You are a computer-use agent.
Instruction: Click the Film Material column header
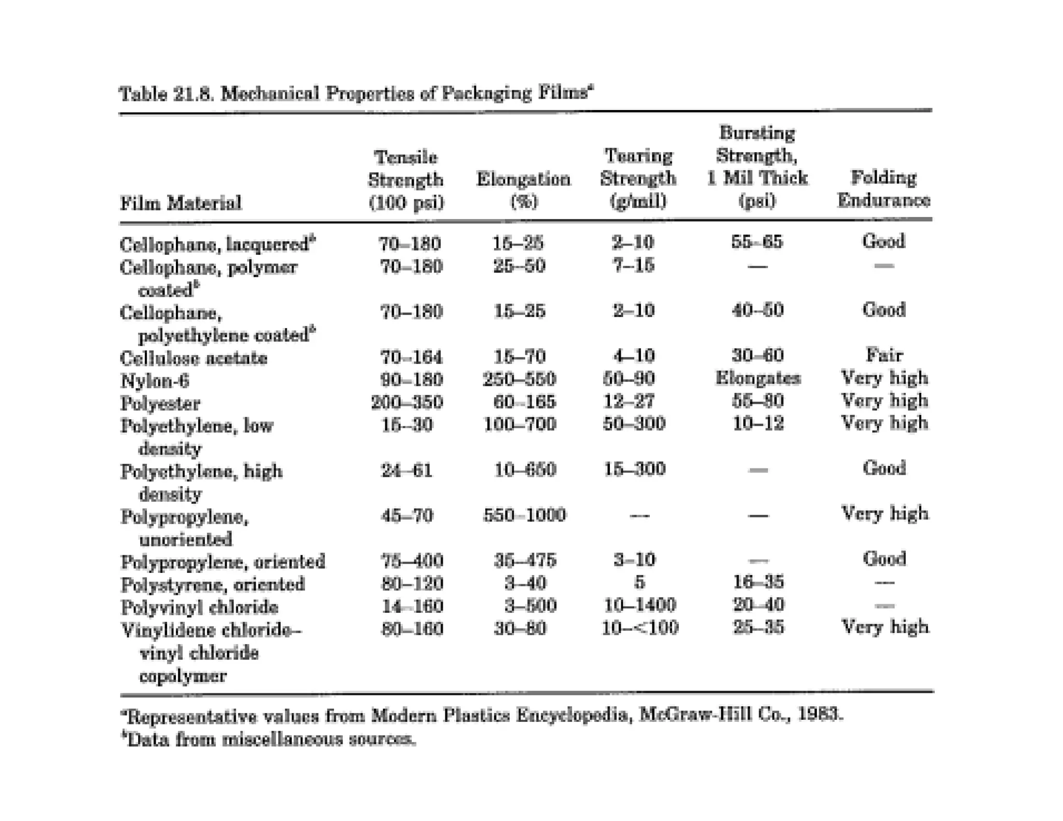pyautogui.click(x=181, y=202)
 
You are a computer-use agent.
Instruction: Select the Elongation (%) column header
pyautogui.click(x=523, y=190)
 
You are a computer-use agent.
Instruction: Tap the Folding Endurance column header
pyautogui.click(x=883, y=189)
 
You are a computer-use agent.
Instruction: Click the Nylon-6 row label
pyautogui.click(x=155, y=381)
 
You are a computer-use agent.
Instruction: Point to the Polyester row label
pyautogui.click(x=160, y=403)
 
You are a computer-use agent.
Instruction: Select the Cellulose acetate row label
pyautogui.click(x=194, y=358)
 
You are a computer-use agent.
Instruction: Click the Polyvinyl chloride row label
pyautogui.click(x=199, y=607)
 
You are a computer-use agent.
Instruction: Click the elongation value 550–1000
pyautogui.click(x=524, y=515)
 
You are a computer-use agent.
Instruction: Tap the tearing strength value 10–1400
pyautogui.click(x=640, y=605)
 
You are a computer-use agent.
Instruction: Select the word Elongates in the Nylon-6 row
pyautogui.click(x=757, y=378)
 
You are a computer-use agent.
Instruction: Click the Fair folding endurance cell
pyautogui.click(x=884, y=355)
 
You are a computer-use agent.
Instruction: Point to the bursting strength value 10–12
pyautogui.click(x=758, y=423)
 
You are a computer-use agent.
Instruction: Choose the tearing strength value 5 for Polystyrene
pyautogui.click(x=639, y=582)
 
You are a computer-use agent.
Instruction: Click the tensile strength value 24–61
pyautogui.click(x=406, y=470)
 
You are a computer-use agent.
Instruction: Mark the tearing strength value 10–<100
pyautogui.click(x=640, y=628)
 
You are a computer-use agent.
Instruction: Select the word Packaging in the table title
pyautogui.click(x=486, y=93)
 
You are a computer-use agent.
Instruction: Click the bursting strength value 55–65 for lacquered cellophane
pyautogui.click(x=757, y=241)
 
